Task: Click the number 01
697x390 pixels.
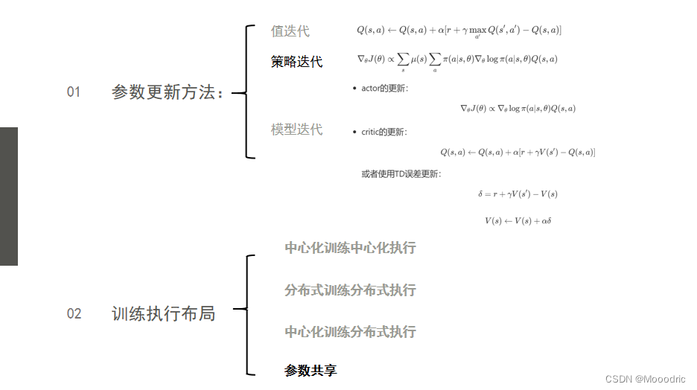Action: coord(73,92)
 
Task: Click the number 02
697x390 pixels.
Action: coord(74,313)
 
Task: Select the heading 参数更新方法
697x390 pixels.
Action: coord(168,92)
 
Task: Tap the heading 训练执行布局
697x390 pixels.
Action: coord(163,313)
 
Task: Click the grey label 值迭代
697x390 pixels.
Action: coord(290,31)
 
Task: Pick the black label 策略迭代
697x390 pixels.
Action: coord(296,62)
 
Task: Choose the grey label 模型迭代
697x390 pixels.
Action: coord(296,130)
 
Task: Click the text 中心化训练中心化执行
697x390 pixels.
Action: coord(350,248)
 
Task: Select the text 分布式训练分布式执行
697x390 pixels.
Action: coord(350,290)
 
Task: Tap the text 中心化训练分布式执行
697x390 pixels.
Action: coord(350,331)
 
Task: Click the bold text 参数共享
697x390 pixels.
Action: coord(311,370)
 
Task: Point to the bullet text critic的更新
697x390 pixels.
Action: coord(384,132)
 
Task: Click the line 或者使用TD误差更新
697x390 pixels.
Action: coord(401,174)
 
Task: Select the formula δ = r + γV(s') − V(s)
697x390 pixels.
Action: coord(518,194)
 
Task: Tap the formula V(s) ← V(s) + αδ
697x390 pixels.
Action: coord(517,220)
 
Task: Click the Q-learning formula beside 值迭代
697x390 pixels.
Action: coord(459,31)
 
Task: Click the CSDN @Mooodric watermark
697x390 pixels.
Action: coord(646,378)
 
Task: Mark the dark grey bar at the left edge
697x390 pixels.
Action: coord(8,196)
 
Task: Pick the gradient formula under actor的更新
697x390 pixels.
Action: coord(518,109)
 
